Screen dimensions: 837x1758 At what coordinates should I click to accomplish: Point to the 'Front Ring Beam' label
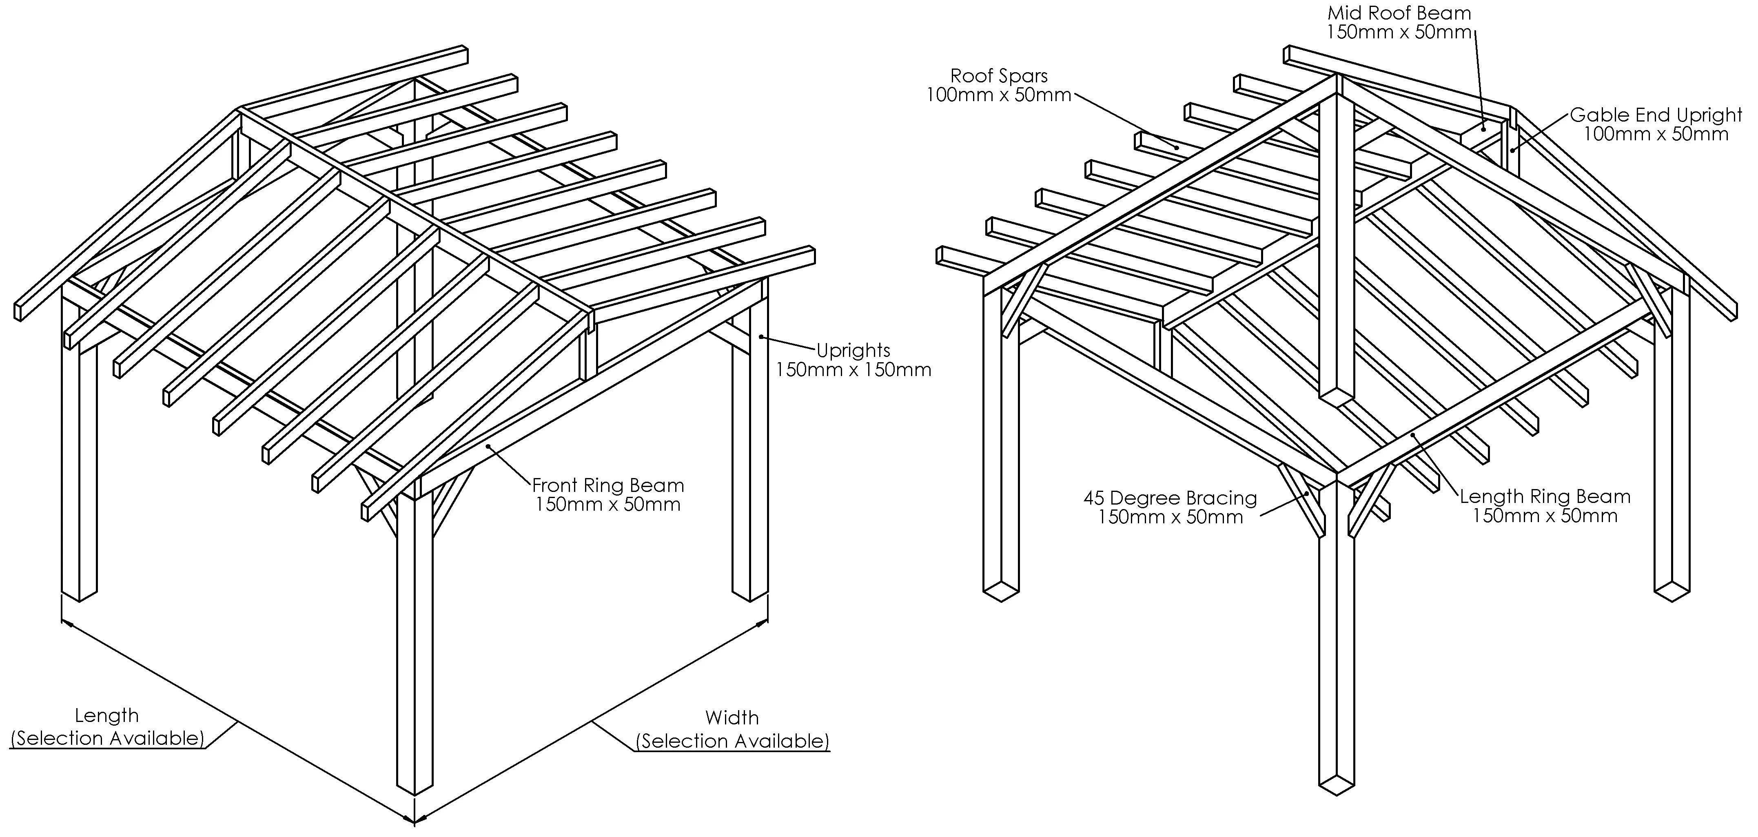pyautogui.click(x=607, y=486)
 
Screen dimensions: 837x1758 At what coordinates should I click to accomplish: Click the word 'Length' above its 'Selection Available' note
pyautogui.click(x=106, y=715)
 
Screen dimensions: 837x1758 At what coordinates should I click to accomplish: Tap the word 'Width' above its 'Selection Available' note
pyautogui.click(x=732, y=717)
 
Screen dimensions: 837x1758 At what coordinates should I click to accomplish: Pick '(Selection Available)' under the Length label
pyautogui.click(x=107, y=738)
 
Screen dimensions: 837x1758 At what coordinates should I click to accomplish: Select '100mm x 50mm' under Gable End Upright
pyautogui.click(x=1656, y=134)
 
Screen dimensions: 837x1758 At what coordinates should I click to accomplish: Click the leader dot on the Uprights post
pyautogui.click(x=760, y=336)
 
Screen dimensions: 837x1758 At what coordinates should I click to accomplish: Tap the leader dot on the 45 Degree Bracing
pyautogui.click(x=1306, y=492)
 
